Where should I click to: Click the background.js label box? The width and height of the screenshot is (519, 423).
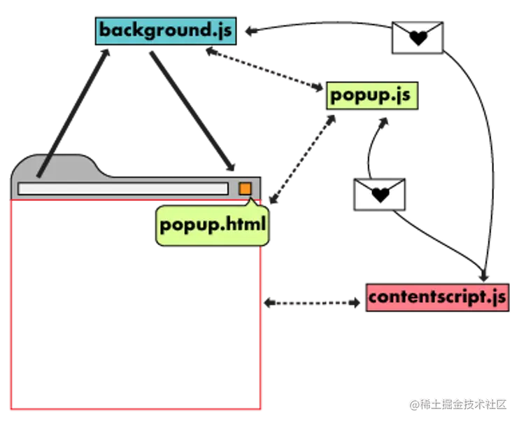pyautogui.click(x=166, y=31)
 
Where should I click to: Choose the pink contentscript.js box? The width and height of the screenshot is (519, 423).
pyautogui.click(x=437, y=297)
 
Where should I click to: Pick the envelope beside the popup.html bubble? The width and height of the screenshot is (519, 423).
pyautogui.click(x=380, y=194)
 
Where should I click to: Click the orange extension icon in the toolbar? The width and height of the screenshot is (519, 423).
pyautogui.click(x=245, y=188)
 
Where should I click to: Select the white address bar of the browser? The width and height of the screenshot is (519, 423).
pyautogui.click(x=123, y=188)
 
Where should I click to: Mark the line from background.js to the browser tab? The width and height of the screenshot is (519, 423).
pyautogui.click(x=73, y=112)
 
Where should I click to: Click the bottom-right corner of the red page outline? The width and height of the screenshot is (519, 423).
pyautogui.click(x=260, y=409)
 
